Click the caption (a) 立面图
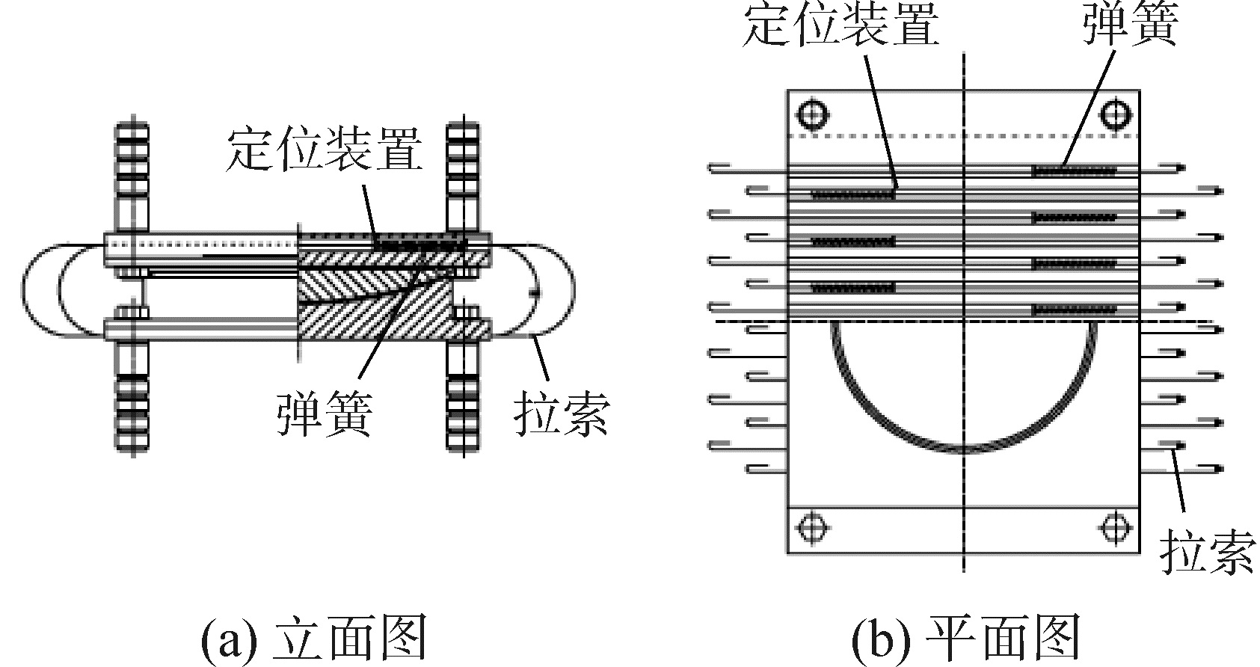pyautogui.click(x=314, y=637)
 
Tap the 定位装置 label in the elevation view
pyautogui.click(x=323, y=149)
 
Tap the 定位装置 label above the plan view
pyautogui.click(x=840, y=27)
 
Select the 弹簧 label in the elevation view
pyautogui.click(x=324, y=412)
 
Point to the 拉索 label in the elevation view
pyautogui.click(x=561, y=412)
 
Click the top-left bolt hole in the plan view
pyautogui.click(x=812, y=114)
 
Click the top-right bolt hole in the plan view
pyautogui.click(x=1115, y=114)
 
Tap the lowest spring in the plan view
pyautogui.click(x=1074, y=308)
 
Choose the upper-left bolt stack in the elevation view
pyautogui.click(x=132, y=176)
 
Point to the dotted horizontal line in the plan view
pyautogui.click(x=965, y=136)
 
